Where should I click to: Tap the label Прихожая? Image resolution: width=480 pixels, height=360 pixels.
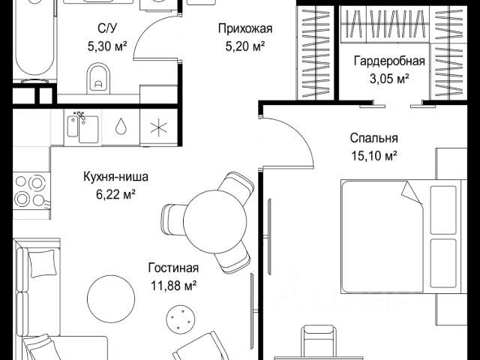244,29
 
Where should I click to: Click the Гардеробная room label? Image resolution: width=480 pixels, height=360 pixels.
389,61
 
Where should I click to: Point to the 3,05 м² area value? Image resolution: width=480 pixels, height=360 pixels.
389,77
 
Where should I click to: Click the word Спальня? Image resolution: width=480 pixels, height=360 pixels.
373,138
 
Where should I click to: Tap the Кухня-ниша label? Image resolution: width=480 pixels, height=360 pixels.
115,178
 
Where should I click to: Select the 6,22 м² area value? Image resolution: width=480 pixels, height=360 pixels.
115,194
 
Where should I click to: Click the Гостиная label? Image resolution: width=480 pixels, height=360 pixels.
173,268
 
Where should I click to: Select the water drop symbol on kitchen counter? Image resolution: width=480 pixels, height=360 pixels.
121,126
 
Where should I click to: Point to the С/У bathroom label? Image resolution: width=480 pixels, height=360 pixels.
106,28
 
